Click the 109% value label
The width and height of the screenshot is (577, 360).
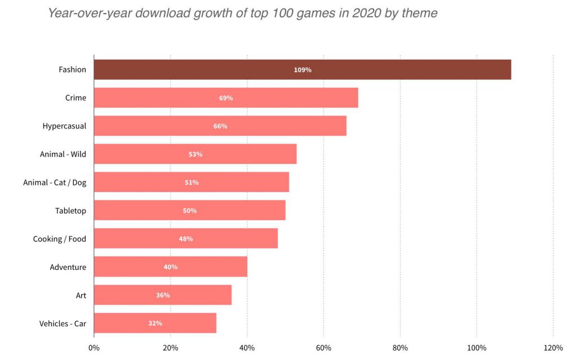tap(303, 70)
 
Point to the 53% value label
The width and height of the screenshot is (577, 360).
tap(196, 154)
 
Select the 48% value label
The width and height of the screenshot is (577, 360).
tap(186, 239)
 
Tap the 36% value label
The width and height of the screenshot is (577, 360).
tap(163, 295)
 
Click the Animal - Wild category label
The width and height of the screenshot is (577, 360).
tap(63, 154)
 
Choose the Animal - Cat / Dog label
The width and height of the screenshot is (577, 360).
tap(55, 183)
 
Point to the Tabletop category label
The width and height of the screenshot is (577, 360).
tap(70, 211)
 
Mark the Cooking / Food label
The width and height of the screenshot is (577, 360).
tap(60, 239)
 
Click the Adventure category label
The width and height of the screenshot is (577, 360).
tap(68, 267)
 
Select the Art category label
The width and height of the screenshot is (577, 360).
tap(81, 295)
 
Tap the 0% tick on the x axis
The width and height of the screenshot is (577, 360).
tap(94, 348)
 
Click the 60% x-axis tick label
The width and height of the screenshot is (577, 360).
tap(323, 348)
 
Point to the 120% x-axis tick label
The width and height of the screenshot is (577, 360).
tap(553, 348)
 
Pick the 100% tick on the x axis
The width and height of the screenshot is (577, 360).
tap(477, 348)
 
